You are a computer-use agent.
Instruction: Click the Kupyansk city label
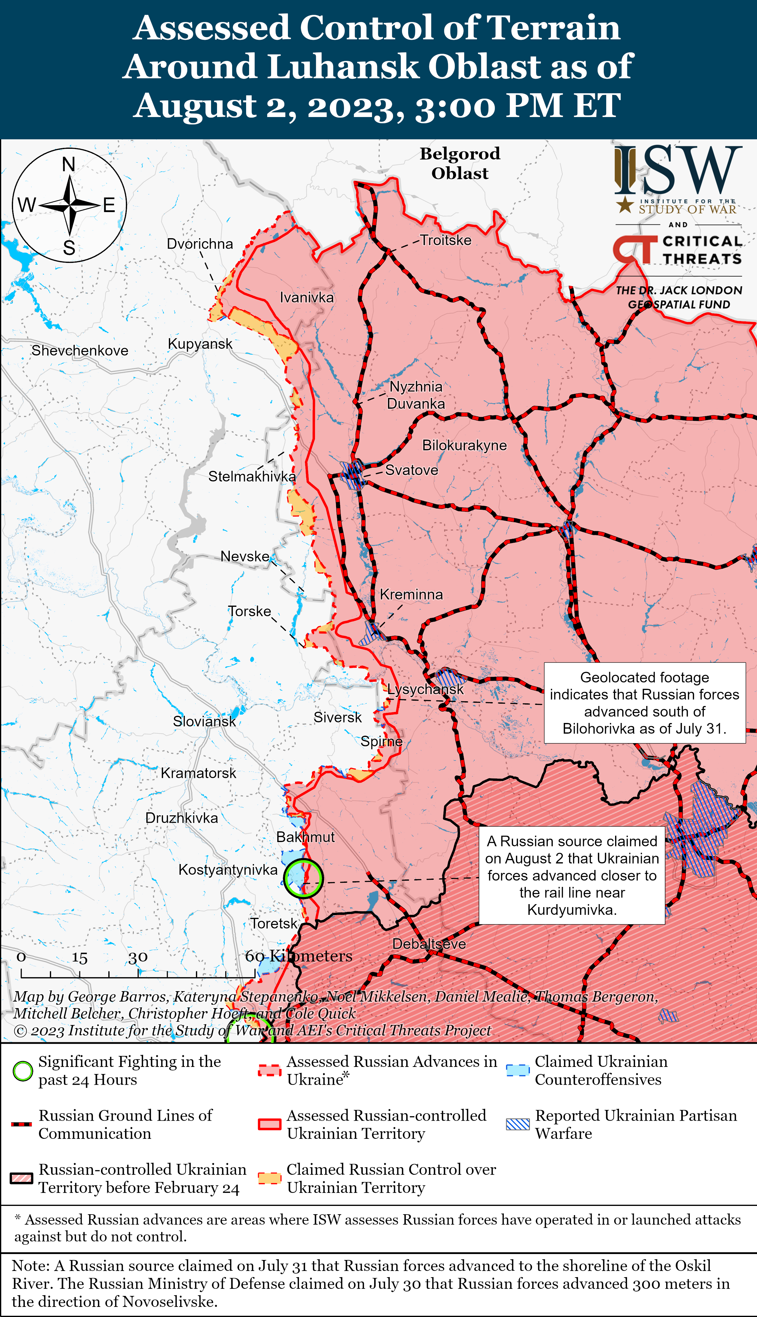click(x=200, y=344)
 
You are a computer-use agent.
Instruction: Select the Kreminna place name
click(x=411, y=595)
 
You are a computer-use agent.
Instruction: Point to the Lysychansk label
click(x=425, y=689)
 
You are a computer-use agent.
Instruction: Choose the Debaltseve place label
click(x=429, y=944)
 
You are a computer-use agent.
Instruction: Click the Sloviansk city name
click(x=204, y=721)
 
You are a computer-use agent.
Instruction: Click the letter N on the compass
click(x=69, y=164)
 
